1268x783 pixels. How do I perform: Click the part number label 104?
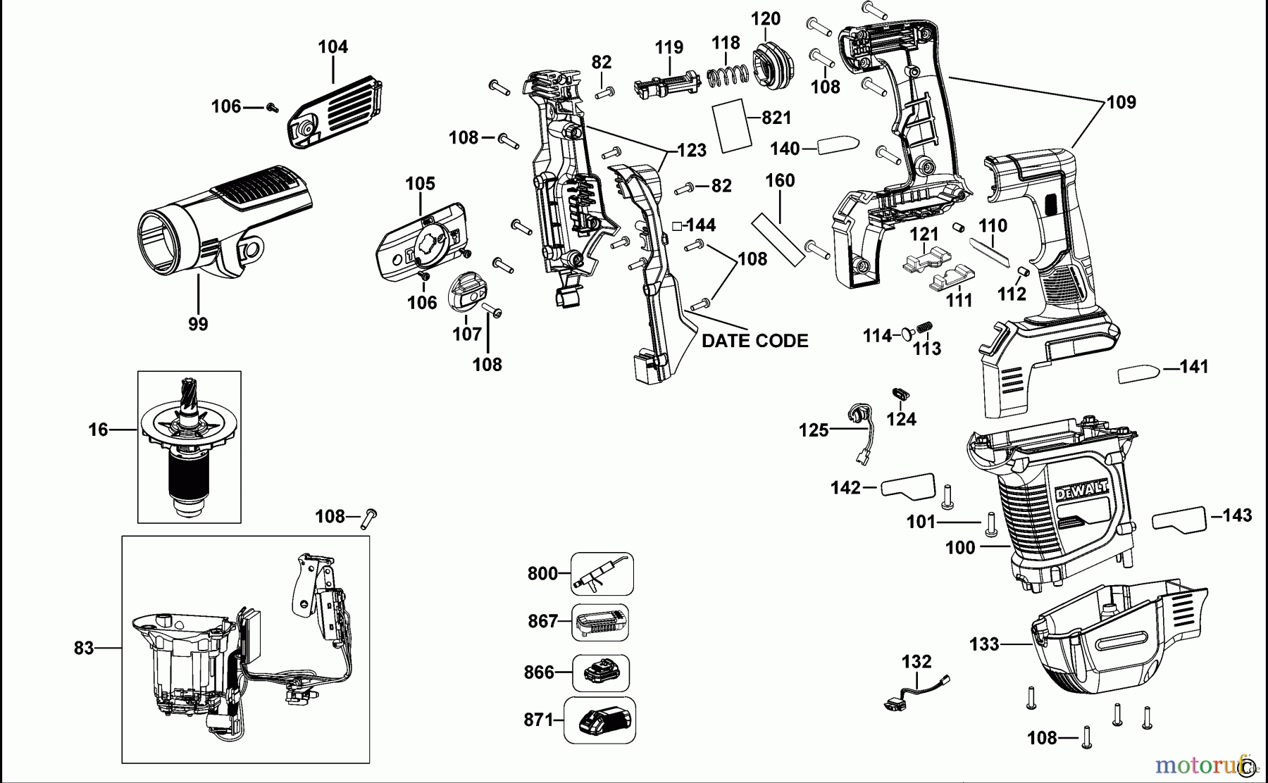point(332,47)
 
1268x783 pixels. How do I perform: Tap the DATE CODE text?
point(754,341)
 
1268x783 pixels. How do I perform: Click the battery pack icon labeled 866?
point(601,672)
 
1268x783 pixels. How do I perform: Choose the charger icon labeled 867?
point(600,622)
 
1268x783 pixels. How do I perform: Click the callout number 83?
point(84,648)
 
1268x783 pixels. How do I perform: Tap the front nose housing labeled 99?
point(211,225)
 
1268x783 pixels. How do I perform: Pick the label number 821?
point(776,118)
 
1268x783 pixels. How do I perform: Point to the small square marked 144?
point(677,225)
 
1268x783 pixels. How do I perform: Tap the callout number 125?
point(814,430)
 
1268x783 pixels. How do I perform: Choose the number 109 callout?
point(1121,103)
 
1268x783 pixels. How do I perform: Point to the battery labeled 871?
point(599,720)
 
